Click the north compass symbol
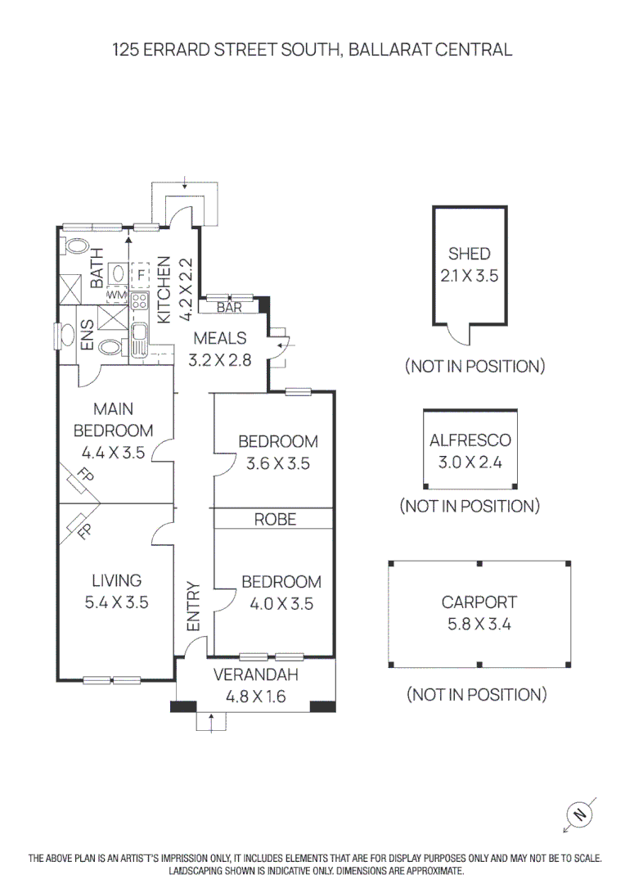click(x=579, y=814)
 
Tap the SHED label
click(x=470, y=254)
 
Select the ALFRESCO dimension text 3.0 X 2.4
click(x=470, y=462)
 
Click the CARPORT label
click(x=479, y=602)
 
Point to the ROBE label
click(x=275, y=519)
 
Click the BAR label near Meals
click(x=229, y=307)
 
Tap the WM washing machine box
click(x=116, y=295)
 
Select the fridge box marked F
click(x=140, y=276)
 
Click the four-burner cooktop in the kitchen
click(x=139, y=301)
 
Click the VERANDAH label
click(x=256, y=674)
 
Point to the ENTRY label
click(x=193, y=607)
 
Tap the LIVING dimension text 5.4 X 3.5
click(x=117, y=602)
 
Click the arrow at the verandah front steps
click(x=211, y=723)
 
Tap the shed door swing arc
click(x=458, y=336)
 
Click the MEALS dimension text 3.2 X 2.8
click(x=220, y=360)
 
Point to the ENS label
click(x=87, y=335)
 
